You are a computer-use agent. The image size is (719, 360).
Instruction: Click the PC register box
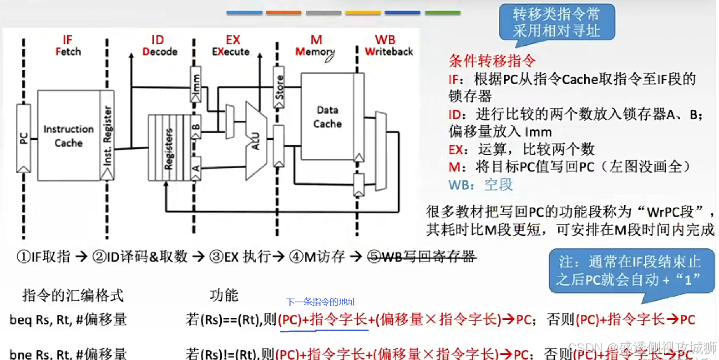[24, 139]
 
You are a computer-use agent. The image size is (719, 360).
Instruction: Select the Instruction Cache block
[68, 135]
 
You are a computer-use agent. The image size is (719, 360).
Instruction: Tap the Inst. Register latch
[107, 135]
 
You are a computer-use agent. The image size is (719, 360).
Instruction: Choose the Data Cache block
[327, 117]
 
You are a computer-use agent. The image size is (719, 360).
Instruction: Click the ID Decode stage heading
[159, 45]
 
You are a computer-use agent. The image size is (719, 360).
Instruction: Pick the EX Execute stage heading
[230, 45]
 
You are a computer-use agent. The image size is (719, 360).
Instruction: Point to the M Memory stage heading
[315, 45]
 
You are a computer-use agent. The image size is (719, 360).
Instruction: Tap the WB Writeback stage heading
[388, 45]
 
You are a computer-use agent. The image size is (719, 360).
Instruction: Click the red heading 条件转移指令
[492, 61]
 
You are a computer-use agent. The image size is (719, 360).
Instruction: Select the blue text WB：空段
[480, 185]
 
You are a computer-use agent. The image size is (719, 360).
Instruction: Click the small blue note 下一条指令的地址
[321, 302]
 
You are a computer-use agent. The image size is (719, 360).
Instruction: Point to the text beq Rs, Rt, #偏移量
[68, 320]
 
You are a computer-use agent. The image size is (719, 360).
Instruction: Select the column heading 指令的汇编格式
[72, 295]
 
